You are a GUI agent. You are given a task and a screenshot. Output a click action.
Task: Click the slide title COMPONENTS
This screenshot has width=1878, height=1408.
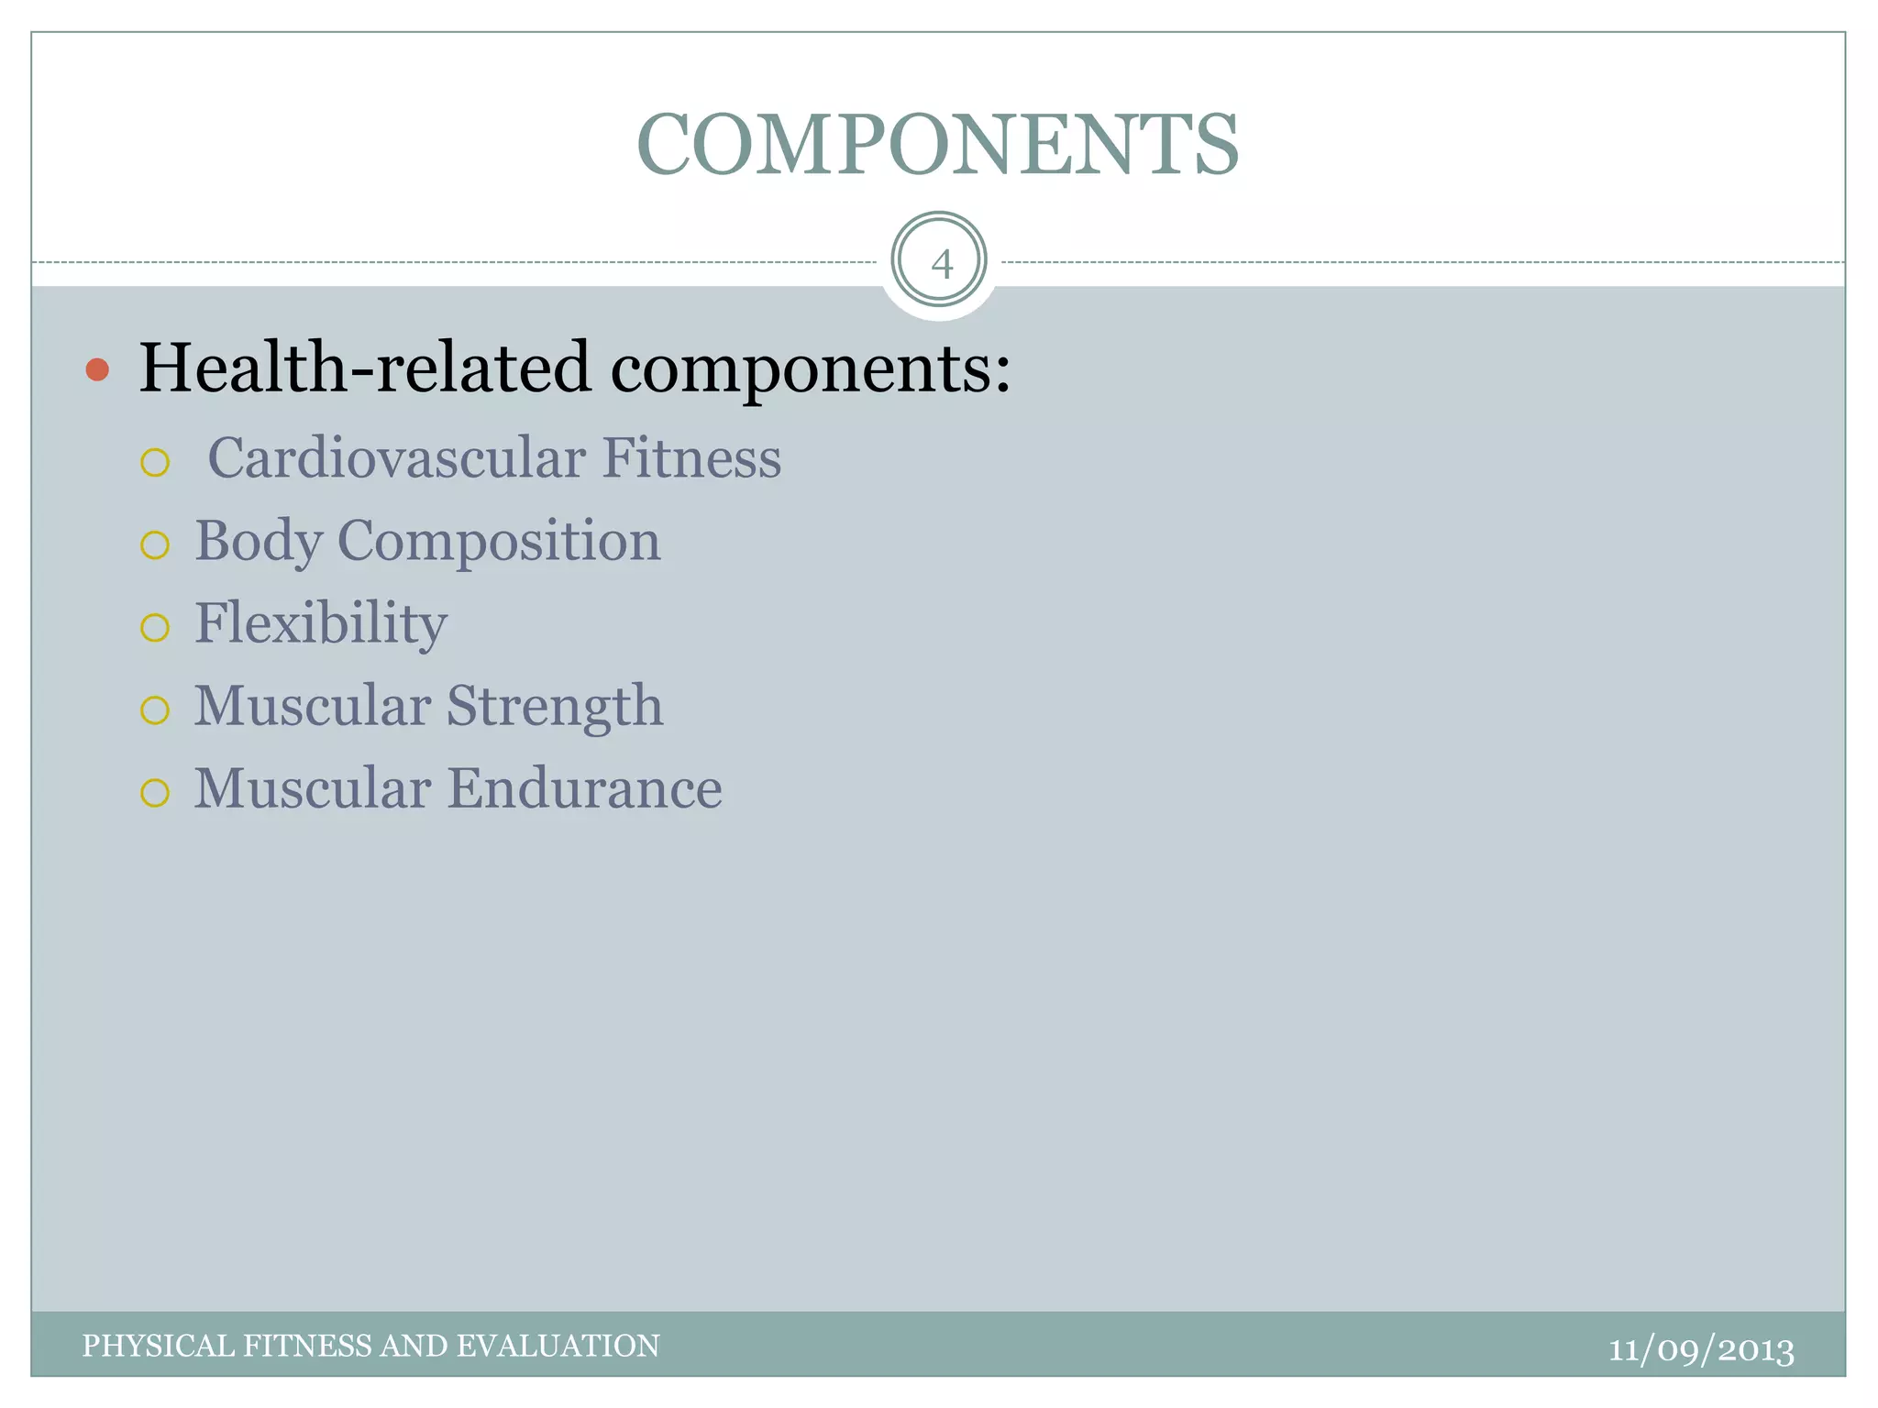point(937,145)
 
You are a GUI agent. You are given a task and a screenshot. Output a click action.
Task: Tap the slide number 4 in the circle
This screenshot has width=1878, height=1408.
point(940,264)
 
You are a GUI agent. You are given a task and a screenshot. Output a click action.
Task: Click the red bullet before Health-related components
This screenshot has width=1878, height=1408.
point(97,370)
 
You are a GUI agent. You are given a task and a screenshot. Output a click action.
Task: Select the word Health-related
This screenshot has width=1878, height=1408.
point(365,368)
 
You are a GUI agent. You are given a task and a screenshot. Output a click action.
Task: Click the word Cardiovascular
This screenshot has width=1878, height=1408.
point(396,457)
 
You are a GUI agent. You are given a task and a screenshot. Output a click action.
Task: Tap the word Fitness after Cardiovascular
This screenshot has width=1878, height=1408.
point(691,457)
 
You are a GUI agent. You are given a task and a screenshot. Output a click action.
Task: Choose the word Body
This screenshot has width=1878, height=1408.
point(259,541)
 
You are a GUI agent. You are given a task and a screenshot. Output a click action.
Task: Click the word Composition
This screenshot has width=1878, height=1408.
point(499,541)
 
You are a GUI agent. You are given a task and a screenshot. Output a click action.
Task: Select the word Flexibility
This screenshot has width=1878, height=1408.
point(321,623)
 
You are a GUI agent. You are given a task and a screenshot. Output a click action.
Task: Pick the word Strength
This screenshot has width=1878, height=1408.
point(555,706)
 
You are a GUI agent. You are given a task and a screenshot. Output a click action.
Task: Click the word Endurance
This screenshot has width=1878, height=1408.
point(585,788)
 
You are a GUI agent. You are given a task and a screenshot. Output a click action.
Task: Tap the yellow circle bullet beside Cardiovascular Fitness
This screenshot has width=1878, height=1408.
point(155,463)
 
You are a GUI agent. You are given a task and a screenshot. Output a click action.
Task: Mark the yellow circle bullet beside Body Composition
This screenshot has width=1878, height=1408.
point(155,545)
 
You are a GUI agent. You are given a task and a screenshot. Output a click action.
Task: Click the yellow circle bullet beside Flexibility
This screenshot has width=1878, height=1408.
point(155,628)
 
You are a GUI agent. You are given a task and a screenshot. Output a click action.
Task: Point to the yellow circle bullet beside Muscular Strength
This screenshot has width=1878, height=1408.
point(155,710)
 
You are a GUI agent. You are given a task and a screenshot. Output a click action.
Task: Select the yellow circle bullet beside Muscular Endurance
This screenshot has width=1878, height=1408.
point(155,793)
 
